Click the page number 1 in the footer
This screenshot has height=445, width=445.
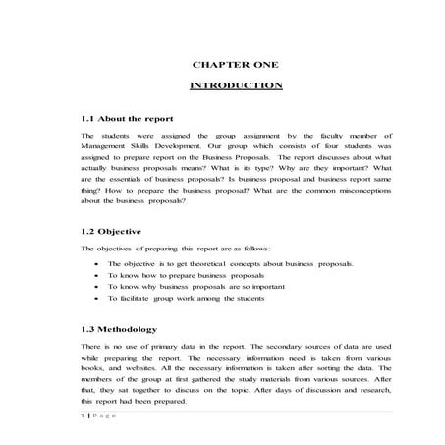click(83, 417)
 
